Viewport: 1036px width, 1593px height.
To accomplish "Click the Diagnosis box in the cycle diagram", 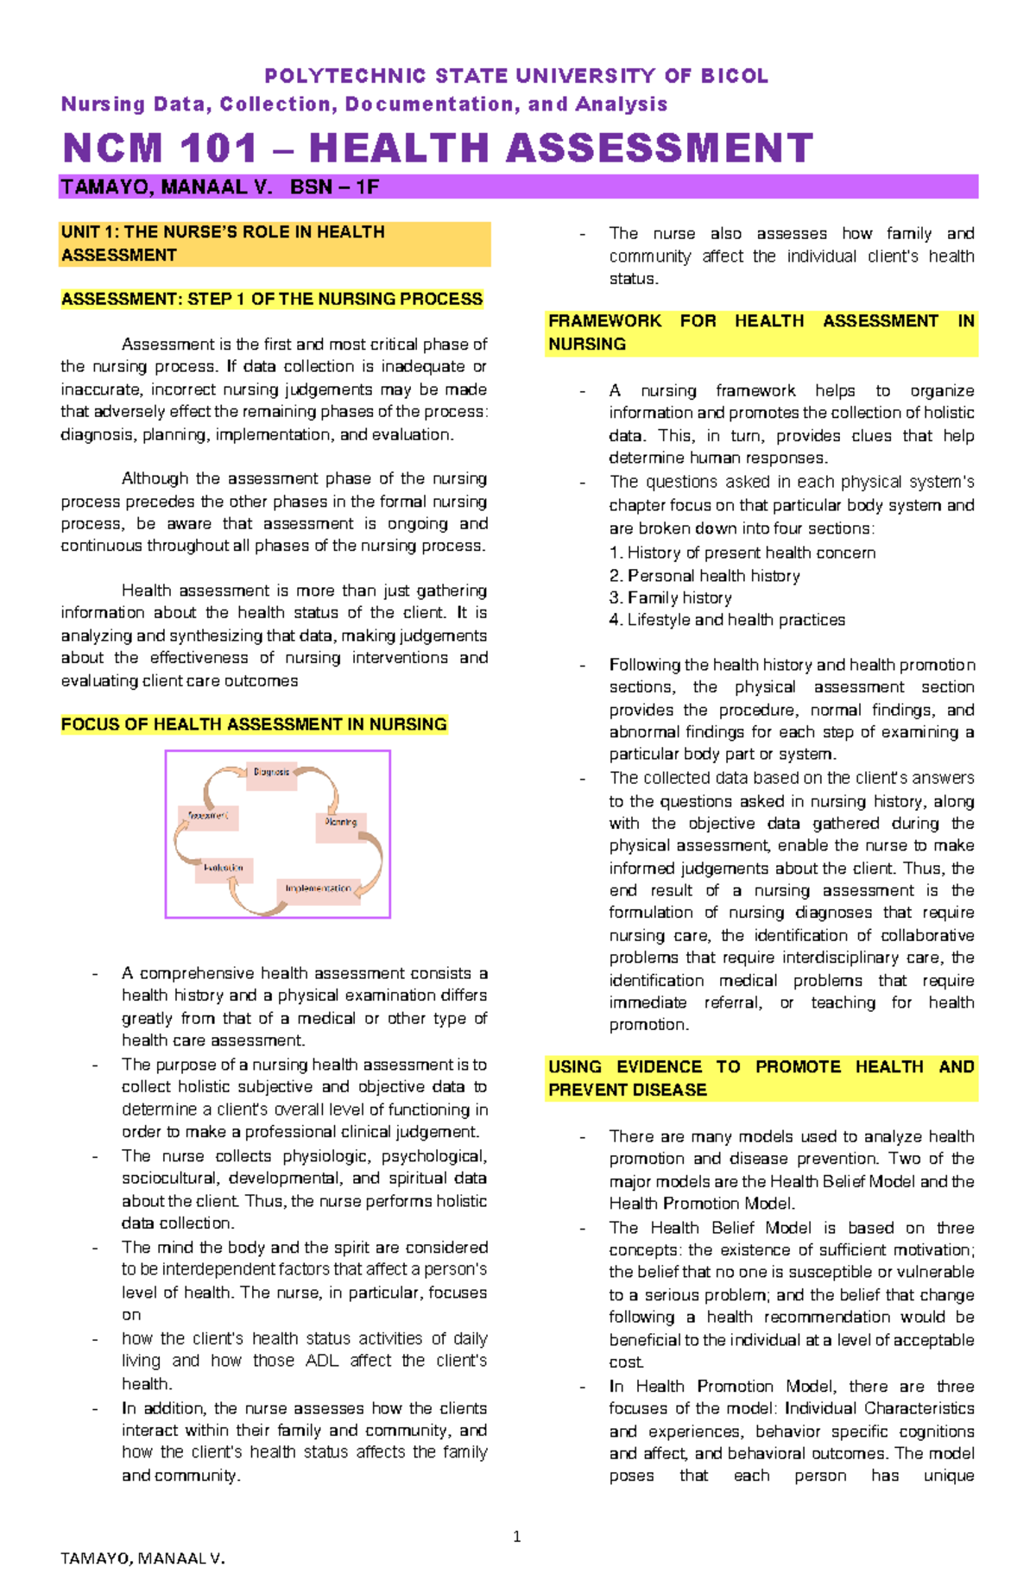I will (272, 774).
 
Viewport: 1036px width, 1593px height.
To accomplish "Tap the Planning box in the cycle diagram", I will (341, 824).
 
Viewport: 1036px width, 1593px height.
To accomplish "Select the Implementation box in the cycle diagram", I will (319, 890).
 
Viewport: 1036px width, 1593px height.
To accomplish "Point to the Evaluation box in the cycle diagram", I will (224, 869).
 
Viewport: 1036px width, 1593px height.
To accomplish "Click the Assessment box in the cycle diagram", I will (208, 817).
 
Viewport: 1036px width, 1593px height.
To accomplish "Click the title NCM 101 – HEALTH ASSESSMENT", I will (438, 148).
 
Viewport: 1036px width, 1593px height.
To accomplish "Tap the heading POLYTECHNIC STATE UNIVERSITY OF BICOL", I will (516, 76).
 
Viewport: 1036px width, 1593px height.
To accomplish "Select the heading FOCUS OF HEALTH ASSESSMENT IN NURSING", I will (254, 724).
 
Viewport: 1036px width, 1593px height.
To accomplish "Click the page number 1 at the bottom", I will (516, 1536).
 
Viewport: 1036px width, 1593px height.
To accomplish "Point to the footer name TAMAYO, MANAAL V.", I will (142, 1558).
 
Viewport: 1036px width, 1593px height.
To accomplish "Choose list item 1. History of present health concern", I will (742, 553).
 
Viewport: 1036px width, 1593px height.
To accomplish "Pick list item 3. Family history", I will (670, 597).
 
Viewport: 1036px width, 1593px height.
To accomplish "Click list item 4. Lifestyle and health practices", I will (726, 620).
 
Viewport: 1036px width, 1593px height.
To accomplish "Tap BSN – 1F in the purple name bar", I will (335, 187).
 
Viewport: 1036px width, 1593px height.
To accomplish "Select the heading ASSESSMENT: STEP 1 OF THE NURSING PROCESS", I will (272, 300).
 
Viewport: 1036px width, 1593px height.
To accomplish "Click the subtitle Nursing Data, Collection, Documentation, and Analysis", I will (364, 104).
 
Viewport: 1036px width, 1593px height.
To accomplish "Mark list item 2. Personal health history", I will (704, 575).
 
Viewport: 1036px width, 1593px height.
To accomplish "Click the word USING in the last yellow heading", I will (574, 1067).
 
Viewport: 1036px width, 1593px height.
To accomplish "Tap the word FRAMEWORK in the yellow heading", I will (604, 321).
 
